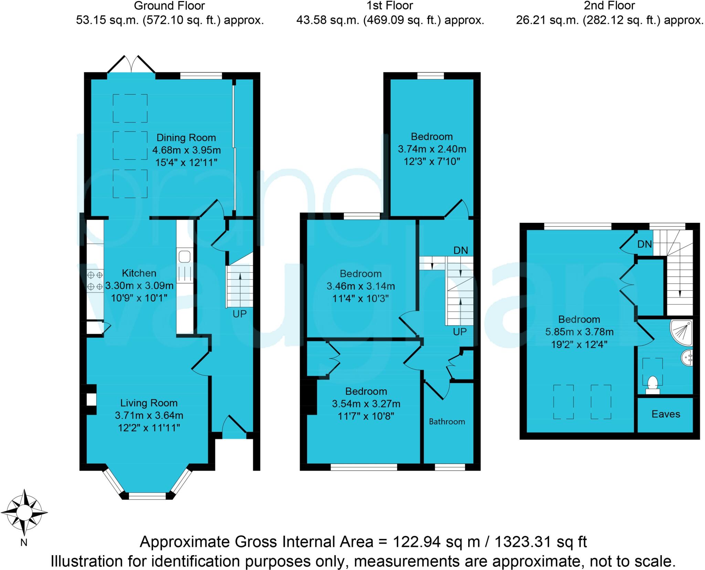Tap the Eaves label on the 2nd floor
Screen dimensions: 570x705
(x=666, y=414)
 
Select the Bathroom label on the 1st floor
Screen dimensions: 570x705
(x=446, y=422)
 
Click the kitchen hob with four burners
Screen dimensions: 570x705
(x=95, y=280)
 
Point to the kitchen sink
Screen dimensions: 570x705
(x=185, y=257)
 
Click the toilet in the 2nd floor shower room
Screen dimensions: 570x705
(x=653, y=385)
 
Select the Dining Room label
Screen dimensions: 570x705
(x=186, y=138)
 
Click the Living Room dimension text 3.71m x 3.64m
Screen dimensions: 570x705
(x=149, y=415)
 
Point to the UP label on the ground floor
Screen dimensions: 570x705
(x=240, y=314)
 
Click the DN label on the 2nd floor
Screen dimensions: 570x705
(x=644, y=244)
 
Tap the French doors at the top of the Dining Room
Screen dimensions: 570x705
(x=131, y=65)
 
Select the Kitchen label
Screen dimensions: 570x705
(x=139, y=273)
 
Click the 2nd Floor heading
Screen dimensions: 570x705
(x=609, y=6)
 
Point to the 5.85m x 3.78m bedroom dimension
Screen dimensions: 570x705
(x=579, y=332)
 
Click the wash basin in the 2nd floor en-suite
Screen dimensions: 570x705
(x=687, y=358)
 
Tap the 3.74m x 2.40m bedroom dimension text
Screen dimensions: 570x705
(x=432, y=149)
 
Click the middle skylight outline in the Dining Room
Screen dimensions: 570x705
(x=130, y=146)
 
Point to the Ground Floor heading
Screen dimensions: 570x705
(x=169, y=6)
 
